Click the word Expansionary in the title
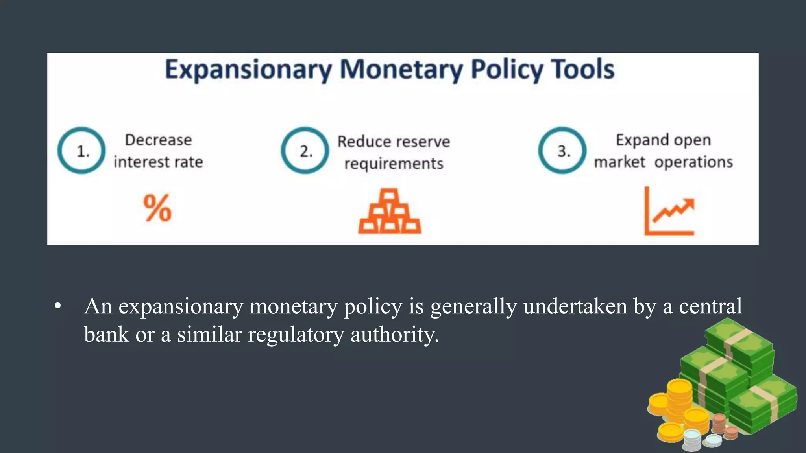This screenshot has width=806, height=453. point(248,70)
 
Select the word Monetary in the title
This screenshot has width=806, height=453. point(401,70)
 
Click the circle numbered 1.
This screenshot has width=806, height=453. point(81,151)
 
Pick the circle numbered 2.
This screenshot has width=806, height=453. point(305,151)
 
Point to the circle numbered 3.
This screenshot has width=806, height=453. point(562,151)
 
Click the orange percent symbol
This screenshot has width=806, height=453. point(157,208)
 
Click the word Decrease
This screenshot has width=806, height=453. point(158,140)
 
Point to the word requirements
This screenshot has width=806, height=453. point(394,164)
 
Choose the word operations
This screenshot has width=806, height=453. point(693,162)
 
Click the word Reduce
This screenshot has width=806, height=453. point(362,142)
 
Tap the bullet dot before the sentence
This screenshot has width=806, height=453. point(58,306)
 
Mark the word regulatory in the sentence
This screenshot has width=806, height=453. point(296,335)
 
